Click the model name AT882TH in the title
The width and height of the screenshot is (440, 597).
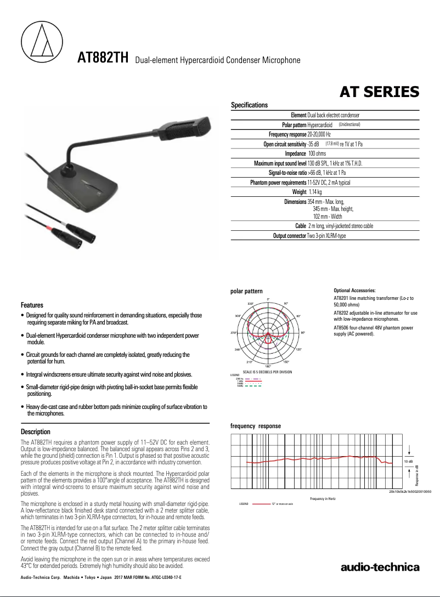point(103,58)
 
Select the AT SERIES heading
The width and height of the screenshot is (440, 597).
point(380,91)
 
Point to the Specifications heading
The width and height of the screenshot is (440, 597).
point(249,105)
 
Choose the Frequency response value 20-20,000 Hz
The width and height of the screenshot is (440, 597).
point(319,134)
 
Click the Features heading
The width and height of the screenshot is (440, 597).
point(32,305)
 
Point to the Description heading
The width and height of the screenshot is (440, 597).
point(35,432)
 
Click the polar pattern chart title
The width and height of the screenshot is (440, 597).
point(246,291)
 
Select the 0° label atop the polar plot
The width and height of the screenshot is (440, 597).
point(268,299)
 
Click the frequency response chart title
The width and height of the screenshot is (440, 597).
point(255,426)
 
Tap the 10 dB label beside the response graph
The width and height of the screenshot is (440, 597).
point(408,462)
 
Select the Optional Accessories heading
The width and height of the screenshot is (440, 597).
point(354,290)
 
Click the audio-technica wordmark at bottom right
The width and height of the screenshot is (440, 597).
point(380,567)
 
